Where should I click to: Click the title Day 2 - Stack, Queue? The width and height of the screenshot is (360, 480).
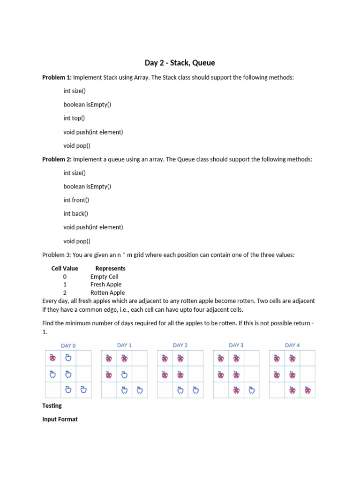[180, 63]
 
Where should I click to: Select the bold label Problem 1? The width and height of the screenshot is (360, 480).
[57, 77]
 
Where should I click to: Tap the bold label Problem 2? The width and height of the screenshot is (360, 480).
[57, 159]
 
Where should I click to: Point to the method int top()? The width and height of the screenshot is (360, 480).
[74, 118]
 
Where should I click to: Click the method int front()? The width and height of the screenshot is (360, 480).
[76, 200]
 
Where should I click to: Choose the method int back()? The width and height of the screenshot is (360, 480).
[75, 214]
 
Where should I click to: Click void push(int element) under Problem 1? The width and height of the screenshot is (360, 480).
[93, 132]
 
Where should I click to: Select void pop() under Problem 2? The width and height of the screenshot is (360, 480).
[77, 241]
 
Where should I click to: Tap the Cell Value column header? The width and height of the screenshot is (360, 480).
[65, 269]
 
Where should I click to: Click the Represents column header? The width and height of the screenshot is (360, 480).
[110, 269]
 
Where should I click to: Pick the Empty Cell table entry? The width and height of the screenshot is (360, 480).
[104, 277]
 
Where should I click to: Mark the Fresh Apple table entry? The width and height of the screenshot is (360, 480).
[105, 285]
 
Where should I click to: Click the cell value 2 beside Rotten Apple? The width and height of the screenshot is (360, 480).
[65, 292]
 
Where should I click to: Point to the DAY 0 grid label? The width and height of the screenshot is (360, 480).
[68, 346]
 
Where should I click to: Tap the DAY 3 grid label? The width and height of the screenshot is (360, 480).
[236, 345]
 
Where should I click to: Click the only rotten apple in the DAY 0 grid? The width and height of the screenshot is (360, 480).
[52, 359]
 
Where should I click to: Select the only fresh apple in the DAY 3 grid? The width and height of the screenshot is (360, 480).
[252, 390]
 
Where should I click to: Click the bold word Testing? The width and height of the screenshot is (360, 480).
[52, 405]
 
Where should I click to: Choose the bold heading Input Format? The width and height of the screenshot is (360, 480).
[60, 419]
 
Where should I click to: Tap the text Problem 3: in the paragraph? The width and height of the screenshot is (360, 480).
[56, 255]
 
